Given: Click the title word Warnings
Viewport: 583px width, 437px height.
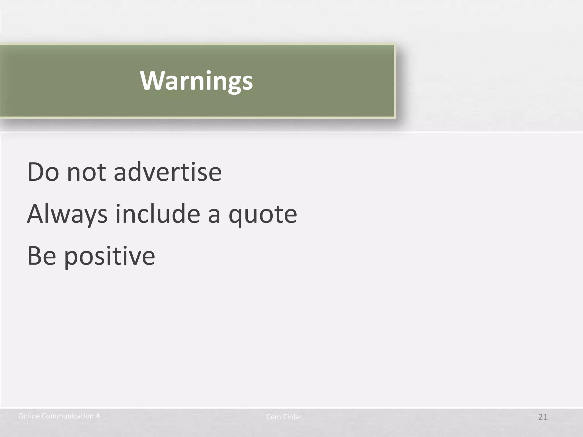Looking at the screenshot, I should [x=196, y=81].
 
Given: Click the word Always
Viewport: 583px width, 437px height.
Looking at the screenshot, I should [x=67, y=214].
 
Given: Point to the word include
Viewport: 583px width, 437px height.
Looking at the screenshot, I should [x=158, y=214].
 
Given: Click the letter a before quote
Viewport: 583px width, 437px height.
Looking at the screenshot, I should [x=214, y=215].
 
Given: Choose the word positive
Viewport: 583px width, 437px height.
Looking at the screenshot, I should [x=110, y=256].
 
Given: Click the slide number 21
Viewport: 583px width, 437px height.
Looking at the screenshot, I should [x=543, y=417].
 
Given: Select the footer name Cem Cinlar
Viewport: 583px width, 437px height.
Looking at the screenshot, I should [x=284, y=417].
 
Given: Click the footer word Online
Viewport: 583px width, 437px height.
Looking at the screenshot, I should [x=29, y=416].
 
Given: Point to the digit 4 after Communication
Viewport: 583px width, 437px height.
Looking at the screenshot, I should [x=98, y=416].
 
